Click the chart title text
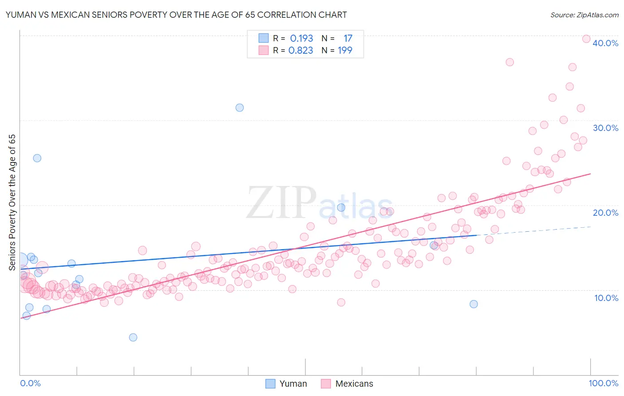pos(176,15)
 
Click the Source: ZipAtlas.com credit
pos(584,15)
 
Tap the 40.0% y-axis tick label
pos(605,43)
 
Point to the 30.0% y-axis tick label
pos(605,128)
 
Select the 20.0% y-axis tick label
pos(605,213)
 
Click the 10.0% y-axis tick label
pos(606,298)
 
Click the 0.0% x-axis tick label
pos(30,383)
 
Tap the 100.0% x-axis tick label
pos(603,383)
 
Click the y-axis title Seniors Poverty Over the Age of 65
pos(12,202)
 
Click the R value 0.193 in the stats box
pos(301,39)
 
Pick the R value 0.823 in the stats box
pos(301,51)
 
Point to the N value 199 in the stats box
pos(345,51)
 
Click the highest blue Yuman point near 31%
pos(240,107)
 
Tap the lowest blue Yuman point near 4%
pos(133,337)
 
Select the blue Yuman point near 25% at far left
pos(37,158)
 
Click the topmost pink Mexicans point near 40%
pos(586,39)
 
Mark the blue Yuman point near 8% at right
pos(474,304)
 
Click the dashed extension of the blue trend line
pos(533,231)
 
